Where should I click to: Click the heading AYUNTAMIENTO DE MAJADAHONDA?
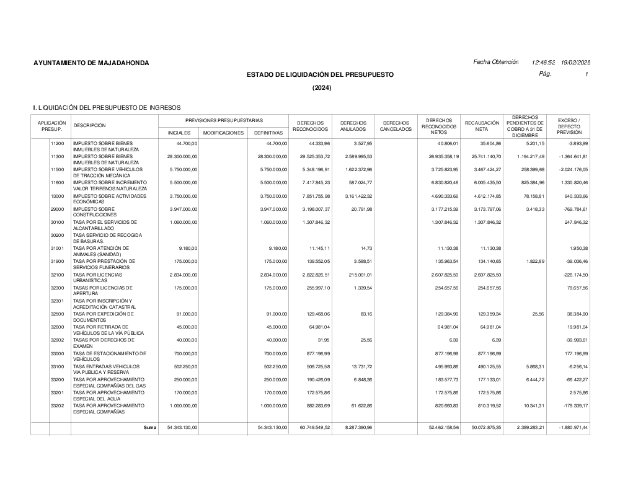pyautogui.click(x=91, y=63)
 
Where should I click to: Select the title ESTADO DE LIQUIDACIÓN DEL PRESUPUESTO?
pyautogui.click(x=320, y=75)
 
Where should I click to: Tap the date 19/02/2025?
pyautogui.click(x=575, y=63)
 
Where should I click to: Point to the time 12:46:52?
pyautogui.click(x=543, y=63)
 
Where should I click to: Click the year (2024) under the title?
pyautogui.click(x=322, y=88)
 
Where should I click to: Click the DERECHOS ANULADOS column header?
pyautogui.click(x=353, y=126)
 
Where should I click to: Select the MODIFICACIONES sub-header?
pyautogui.click(x=223, y=133)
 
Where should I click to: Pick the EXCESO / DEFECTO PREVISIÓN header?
pyautogui.click(x=569, y=126)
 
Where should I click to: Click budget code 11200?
pyautogui.click(x=57, y=143)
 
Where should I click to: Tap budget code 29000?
pyautogui.click(x=57, y=209)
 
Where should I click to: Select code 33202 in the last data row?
pyautogui.click(x=57, y=405)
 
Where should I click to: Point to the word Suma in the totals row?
pyautogui.click(x=149, y=428)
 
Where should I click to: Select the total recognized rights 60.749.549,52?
pyautogui.click(x=311, y=428)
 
